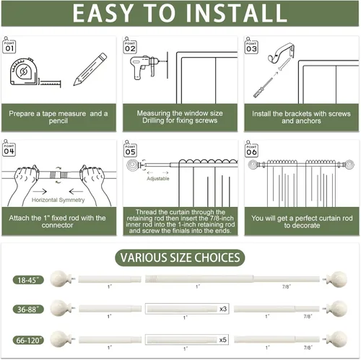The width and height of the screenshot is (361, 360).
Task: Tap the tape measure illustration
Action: pyautogui.click(x=35, y=72)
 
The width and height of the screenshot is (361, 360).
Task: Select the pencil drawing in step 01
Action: pyautogui.click(x=90, y=69)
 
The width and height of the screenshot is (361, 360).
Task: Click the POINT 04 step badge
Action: pyautogui.click(x=9, y=149)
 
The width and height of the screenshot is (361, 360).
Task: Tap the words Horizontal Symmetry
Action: pyautogui.click(x=58, y=200)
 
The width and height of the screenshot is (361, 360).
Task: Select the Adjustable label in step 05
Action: pyautogui.click(x=158, y=178)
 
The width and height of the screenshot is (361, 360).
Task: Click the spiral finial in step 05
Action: pyautogui.click(x=132, y=165)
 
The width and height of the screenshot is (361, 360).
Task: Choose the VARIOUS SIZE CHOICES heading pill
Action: pyautogui.click(x=180, y=258)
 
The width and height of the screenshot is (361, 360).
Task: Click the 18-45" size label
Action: pyautogui.click(x=28, y=280)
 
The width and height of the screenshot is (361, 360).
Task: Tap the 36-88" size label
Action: pyautogui.click(x=28, y=309)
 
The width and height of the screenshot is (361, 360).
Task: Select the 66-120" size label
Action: pyautogui.click(x=28, y=340)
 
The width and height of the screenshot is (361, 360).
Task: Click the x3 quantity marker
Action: pyautogui.click(x=223, y=309)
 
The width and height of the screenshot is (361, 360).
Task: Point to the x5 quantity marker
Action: pyautogui.click(x=223, y=340)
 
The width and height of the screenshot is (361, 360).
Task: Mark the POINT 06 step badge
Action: pyautogui.click(x=251, y=149)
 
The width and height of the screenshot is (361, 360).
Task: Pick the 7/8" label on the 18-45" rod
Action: pyautogui.click(x=287, y=286)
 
